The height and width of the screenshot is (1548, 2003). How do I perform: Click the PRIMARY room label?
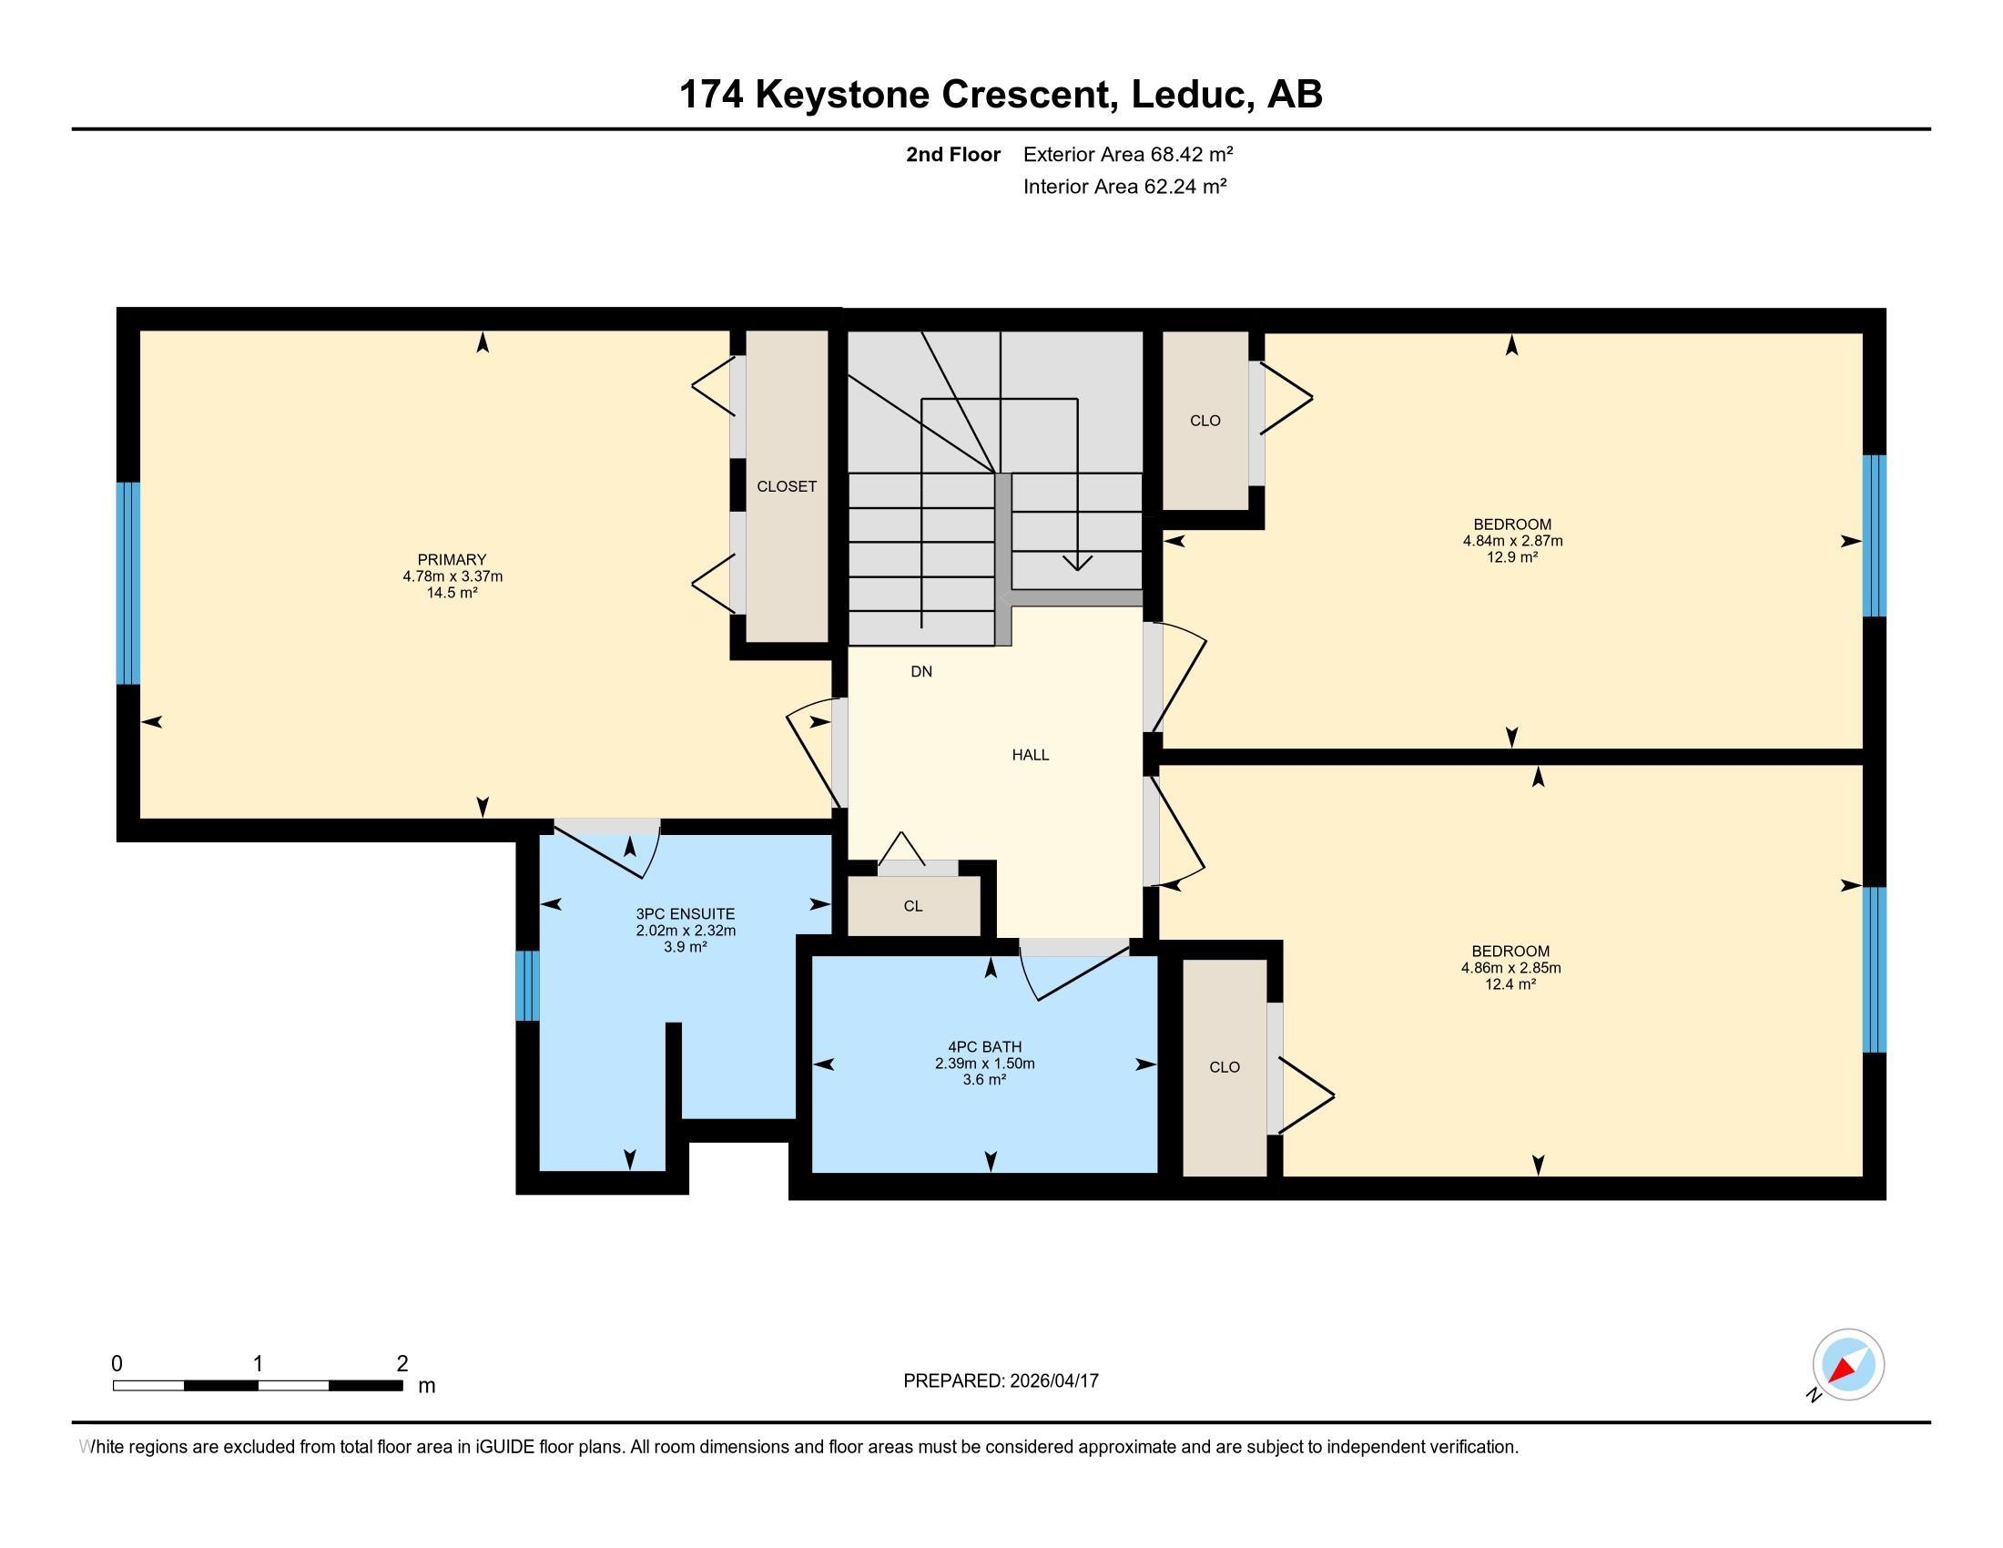pyautogui.click(x=452, y=559)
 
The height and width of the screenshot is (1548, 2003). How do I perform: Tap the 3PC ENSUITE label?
pyautogui.click(x=685, y=914)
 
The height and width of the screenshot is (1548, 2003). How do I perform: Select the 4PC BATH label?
pyautogui.click(x=984, y=1046)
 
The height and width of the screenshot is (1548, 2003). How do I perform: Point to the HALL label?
pyautogui.click(x=1030, y=755)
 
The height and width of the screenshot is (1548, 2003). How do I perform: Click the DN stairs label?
pyautogui.click(x=920, y=671)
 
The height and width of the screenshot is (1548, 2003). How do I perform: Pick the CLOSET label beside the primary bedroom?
pyautogui.click(x=786, y=487)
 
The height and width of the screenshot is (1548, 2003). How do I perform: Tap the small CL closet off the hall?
pyautogui.click(x=912, y=906)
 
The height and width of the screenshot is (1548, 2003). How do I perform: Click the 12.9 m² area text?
pyautogui.click(x=1512, y=556)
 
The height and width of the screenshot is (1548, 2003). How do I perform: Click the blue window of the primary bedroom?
pyautogui.click(x=128, y=584)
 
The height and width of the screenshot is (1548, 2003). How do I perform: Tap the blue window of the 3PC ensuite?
pyautogui.click(x=527, y=986)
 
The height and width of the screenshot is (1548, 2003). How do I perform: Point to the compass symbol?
pyautogui.click(x=1848, y=1366)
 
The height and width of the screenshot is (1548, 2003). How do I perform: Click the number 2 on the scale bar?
pyautogui.click(x=402, y=1364)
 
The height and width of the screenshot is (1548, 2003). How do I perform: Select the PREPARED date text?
pyautogui.click(x=1001, y=1380)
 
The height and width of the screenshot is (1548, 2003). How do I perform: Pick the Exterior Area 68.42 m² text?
pyautogui.click(x=1128, y=154)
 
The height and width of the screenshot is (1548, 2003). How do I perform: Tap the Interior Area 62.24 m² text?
pyautogui.click(x=1124, y=186)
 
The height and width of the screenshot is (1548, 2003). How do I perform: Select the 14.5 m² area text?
pyautogui.click(x=452, y=593)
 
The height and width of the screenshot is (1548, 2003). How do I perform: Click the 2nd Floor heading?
pyautogui.click(x=953, y=154)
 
